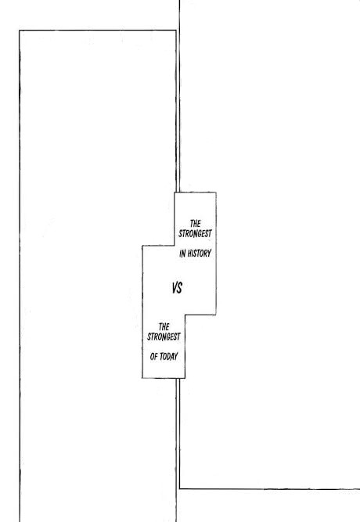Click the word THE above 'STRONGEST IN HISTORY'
pyautogui.click(x=195, y=223)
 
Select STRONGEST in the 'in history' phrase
pyautogui.click(x=195, y=234)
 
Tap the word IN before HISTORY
pyautogui.click(x=182, y=254)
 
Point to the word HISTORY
pyautogui.click(x=199, y=254)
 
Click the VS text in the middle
pyautogui.click(x=177, y=288)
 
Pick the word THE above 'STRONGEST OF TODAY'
pyautogui.click(x=164, y=326)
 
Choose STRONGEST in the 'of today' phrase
pyautogui.click(x=164, y=337)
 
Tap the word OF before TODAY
pyautogui.click(x=153, y=357)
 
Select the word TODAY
pyautogui.click(x=168, y=357)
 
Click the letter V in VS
pyautogui.click(x=175, y=288)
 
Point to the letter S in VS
pyautogui.click(x=180, y=288)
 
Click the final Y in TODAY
pyautogui.click(x=176, y=357)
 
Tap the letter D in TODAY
pyautogui.click(x=168, y=357)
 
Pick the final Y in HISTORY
pyautogui.click(x=209, y=254)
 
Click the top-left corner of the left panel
pyautogui.click(x=20, y=31)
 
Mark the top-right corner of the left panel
pyautogui.click(x=176, y=31)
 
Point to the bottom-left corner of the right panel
pyautogui.click(x=180, y=488)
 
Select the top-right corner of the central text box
pyautogui.click(x=216, y=193)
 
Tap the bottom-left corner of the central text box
pyautogui.click(x=142, y=378)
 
